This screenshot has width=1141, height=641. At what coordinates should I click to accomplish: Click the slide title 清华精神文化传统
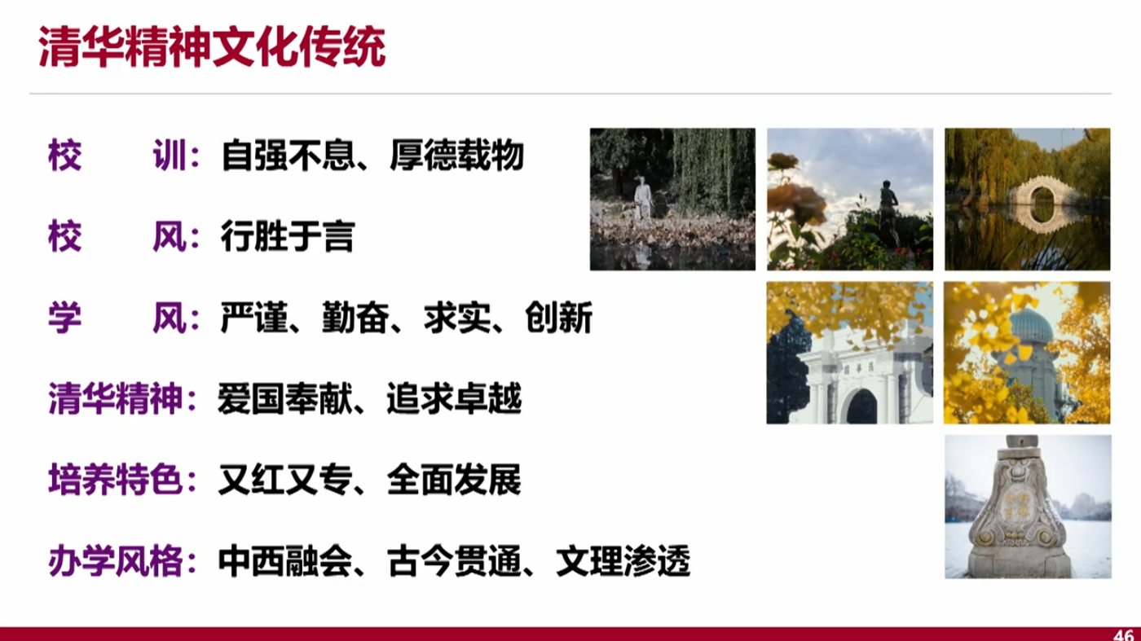pos(212,47)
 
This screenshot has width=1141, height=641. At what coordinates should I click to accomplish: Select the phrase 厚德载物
pos(457,155)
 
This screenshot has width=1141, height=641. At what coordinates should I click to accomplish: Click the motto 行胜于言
pos(287,235)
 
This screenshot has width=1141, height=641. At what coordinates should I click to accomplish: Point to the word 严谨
pos(253,317)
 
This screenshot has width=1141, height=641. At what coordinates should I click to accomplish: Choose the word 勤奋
pos(355,317)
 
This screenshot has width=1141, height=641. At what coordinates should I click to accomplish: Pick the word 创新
pos(558,317)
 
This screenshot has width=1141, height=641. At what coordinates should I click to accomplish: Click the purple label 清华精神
pos(115,398)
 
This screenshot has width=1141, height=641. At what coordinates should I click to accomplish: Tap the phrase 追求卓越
pos(454,398)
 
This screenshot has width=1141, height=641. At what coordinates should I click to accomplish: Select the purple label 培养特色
pos(115,479)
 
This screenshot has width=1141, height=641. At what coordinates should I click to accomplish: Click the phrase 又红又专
pos(285,479)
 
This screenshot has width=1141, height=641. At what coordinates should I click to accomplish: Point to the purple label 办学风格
pos(115,560)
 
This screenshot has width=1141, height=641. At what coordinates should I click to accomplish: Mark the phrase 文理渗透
pos(623,560)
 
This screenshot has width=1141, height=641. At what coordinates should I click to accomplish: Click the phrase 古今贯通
pos(454,560)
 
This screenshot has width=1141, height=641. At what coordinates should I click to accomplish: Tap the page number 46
pos(1123,634)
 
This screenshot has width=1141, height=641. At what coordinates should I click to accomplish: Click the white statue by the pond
pos(643,199)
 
